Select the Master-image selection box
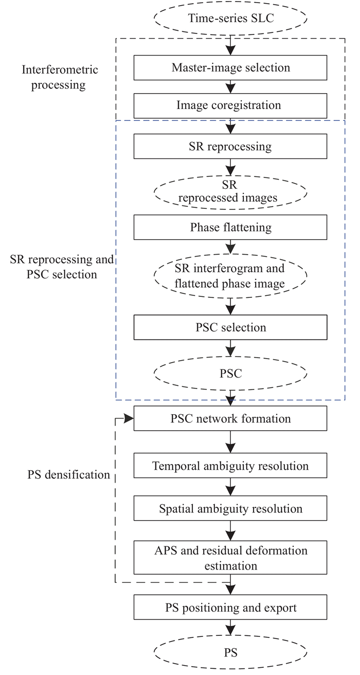pos(230,68)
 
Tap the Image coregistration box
pos(230,105)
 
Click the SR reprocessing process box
pos(230,147)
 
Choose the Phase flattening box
pos(230,227)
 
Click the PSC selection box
pos(230,327)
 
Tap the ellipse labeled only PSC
pos(230,374)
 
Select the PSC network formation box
pos(230,418)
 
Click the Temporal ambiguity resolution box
pos(230,466)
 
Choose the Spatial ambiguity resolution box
pos(230,509)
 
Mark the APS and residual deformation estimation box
pos(230,557)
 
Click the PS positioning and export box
pos(230,608)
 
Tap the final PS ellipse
pos(230,653)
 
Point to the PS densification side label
pos(69,474)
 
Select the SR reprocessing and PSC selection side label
pos(61,267)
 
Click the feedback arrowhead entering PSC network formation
pos(129,418)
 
